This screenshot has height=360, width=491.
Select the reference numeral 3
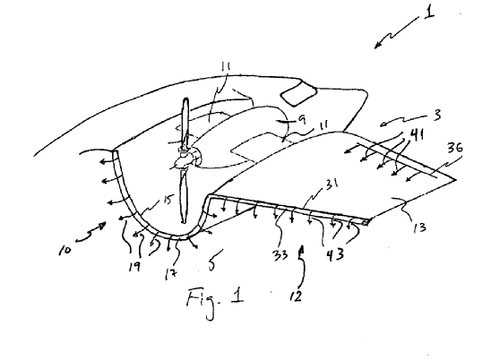(437, 115)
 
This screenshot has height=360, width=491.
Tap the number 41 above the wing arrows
(416, 134)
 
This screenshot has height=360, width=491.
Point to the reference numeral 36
(455, 147)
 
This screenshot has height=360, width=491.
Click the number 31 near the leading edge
(332, 184)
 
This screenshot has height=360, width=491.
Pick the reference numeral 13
(419, 227)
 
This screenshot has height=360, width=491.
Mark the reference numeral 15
(168, 200)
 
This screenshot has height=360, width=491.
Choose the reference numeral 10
(65, 250)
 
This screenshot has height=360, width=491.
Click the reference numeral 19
(134, 267)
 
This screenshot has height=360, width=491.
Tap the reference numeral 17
(170, 274)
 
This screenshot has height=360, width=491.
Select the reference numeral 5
(211, 265)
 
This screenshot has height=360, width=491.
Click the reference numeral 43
(335, 254)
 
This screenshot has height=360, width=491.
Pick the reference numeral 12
(296, 296)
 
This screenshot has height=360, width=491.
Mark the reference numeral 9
(302, 119)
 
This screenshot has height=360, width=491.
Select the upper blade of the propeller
(185, 123)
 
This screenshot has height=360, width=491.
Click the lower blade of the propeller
(184, 195)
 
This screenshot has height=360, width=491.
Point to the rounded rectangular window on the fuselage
(299, 94)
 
